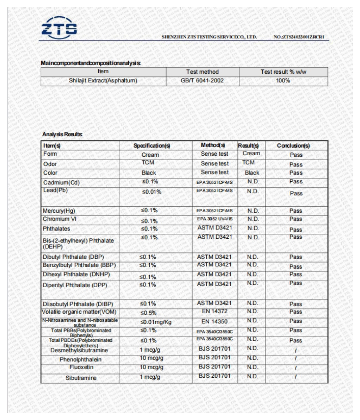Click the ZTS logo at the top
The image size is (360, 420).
59,26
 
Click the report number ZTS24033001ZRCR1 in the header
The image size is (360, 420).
301,37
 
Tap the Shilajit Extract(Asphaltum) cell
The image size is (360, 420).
103,81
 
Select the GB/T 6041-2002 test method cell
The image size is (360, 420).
202,81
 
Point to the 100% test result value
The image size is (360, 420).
283,81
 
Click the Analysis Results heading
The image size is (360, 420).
63,134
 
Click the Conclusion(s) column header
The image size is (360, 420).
293,146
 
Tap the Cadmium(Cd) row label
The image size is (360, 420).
62,182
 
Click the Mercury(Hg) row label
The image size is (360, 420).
59,211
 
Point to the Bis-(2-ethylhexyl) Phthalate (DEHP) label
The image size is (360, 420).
78,244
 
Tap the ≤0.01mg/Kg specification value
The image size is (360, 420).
156,322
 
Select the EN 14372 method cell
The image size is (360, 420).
214,312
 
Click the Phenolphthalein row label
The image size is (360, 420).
81,360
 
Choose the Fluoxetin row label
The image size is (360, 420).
81,367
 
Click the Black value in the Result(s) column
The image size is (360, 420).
252,173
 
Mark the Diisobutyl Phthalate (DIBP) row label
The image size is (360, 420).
78,304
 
